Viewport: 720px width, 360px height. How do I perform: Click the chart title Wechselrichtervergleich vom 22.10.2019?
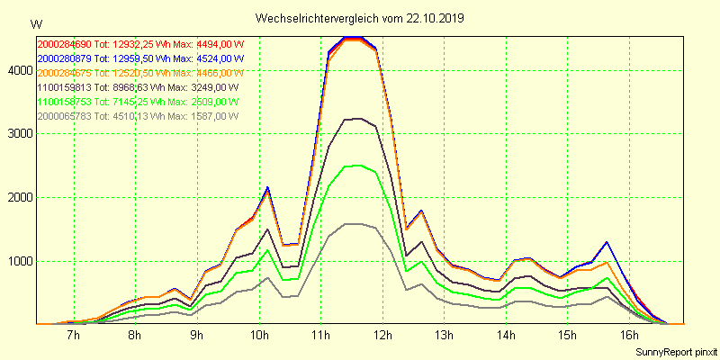click(360, 18)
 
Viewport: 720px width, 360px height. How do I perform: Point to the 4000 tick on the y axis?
click(19, 70)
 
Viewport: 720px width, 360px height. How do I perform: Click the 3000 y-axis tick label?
click(19, 134)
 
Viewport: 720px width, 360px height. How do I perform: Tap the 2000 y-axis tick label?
click(19, 198)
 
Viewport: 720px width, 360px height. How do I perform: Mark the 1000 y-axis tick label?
click(19, 262)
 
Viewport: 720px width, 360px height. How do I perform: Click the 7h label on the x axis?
click(74, 336)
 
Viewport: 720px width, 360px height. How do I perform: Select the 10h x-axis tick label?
click(259, 336)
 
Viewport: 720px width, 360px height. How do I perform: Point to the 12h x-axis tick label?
click(382, 336)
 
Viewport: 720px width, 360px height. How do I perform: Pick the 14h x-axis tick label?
click(506, 336)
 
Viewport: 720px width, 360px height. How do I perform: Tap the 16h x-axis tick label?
click(629, 336)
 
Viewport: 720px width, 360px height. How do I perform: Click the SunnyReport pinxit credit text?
click(673, 351)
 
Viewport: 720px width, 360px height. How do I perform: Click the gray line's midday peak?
click(353, 224)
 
